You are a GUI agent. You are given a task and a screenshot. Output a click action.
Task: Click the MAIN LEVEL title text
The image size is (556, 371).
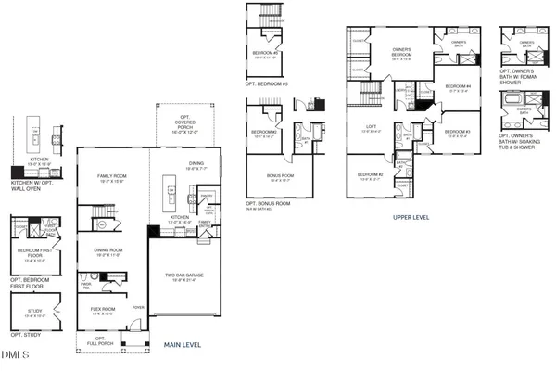183,344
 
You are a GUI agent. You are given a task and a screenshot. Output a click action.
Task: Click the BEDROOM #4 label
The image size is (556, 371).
460,88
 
